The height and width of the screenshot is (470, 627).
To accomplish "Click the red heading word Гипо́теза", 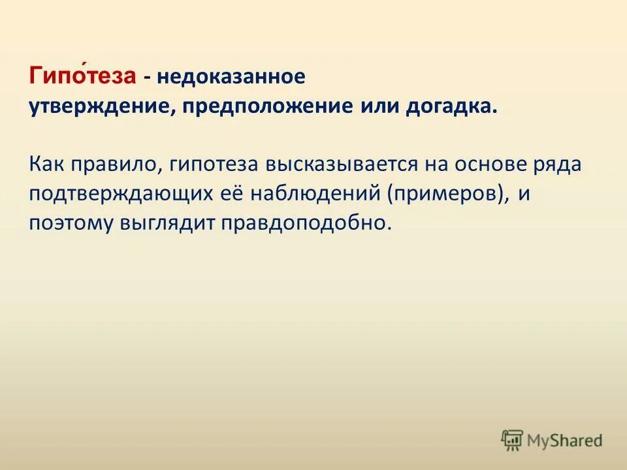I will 82,77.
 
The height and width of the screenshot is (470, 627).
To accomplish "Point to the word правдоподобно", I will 307,223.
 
